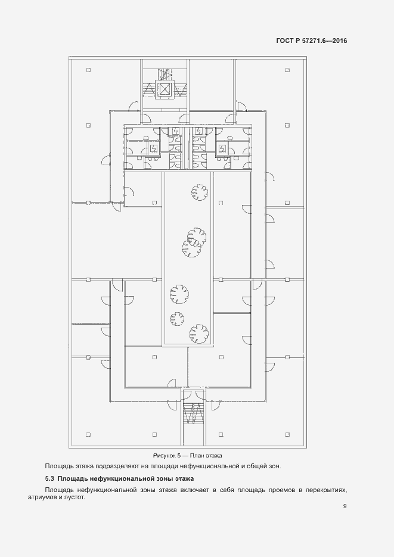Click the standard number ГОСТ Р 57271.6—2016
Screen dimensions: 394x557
pyautogui.click(x=312, y=41)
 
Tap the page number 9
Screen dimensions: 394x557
pyautogui.click(x=345, y=506)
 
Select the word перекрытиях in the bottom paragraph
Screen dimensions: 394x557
pyautogui.click(x=326, y=490)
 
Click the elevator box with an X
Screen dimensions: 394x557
pyautogui.click(x=165, y=89)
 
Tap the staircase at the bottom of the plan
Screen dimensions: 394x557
pyautogui.click(x=193, y=413)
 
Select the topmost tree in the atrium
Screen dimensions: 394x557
pyautogui.click(x=199, y=192)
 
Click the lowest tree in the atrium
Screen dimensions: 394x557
pyautogui.click(x=199, y=334)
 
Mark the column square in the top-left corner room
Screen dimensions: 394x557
pyautogui.click(x=88, y=70)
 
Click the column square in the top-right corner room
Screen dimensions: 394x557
pyautogui.click(x=287, y=70)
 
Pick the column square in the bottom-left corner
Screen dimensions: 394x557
pyautogui.click(x=88, y=434)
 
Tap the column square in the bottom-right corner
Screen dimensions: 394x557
pyautogui.click(x=287, y=434)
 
